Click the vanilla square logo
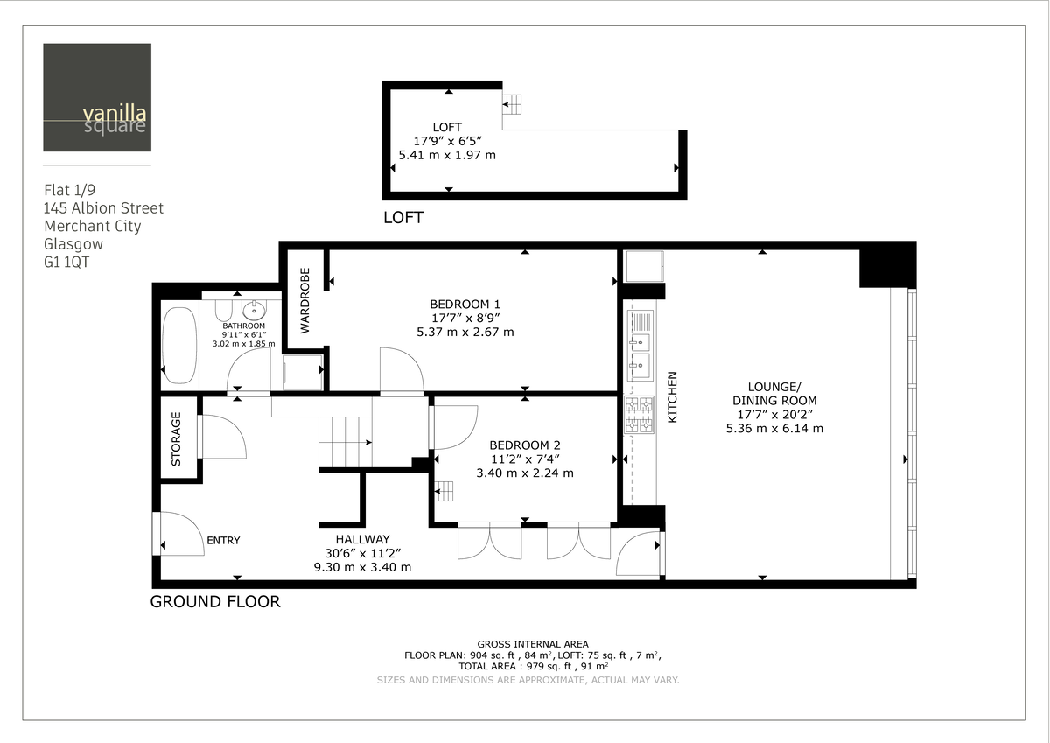click(96, 97)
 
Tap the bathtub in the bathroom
click(179, 346)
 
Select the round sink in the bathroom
click(255, 310)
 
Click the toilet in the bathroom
click(221, 312)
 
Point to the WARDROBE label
click(305, 300)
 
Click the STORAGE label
click(176, 438)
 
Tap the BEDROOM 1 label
click(465, 304)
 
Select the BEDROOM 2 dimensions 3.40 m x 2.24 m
click(525, 473)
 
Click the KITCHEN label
click(673, 397)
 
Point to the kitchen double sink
click(640, 346)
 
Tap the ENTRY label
click(223, 541)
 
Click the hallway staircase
click(345, 442)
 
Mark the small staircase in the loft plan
click(512, 105)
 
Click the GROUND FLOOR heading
click(215, 602)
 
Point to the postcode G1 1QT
click(66, 262)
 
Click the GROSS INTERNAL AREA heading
click(533, 644)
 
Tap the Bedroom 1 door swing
click(401, 371)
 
